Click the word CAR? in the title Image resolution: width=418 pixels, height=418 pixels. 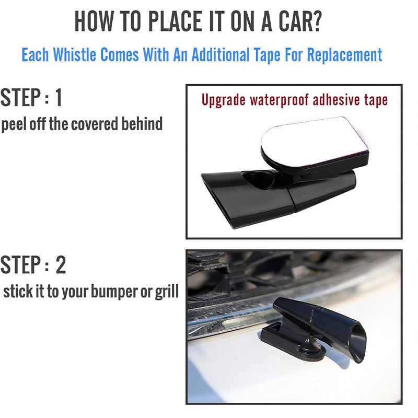tap(300, 21)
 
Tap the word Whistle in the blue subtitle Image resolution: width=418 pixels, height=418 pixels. tap(74, 55)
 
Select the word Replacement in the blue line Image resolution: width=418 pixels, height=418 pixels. tap(344, 55)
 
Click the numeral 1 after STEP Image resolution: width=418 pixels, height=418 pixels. tap(59, 97)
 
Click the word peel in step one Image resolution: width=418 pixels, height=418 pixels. tap(14, 124)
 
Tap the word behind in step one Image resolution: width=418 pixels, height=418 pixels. tap(142, 124)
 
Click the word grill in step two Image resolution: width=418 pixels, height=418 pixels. tap(167, 292)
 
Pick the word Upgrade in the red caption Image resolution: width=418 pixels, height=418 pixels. tap(224, 100)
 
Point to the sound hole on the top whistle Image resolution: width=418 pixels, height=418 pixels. tap(258, 180)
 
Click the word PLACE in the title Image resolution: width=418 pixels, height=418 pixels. tap(175, 21)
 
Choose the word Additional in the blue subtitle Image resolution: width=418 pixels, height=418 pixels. tap(220, 55)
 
